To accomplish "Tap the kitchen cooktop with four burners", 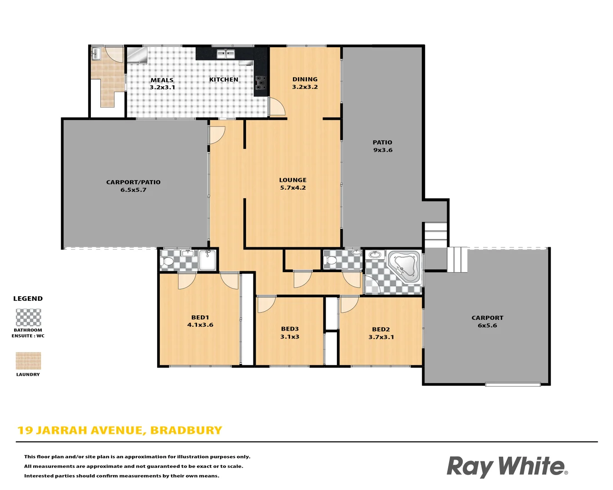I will (x=261, y=83).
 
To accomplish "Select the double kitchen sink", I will (x=226, y=54).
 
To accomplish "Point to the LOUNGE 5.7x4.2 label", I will (x=293, y=184).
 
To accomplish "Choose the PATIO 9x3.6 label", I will (x=383, y=146).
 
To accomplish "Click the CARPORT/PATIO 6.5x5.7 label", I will (x=133, y=186).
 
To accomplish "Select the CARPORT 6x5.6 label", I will (x=487, y=322).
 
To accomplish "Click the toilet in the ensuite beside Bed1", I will (x=168, y=261).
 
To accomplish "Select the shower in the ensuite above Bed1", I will (x=208, y=260).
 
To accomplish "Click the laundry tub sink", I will (x=96, y=54).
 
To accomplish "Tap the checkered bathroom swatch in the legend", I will (x=28, y=318).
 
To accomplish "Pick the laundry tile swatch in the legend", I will (x=28, y=361).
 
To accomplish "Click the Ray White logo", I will (x=507, y=466).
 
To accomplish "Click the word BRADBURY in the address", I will (x=186, y=431).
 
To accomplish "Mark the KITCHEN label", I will (x=223, y=79).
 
